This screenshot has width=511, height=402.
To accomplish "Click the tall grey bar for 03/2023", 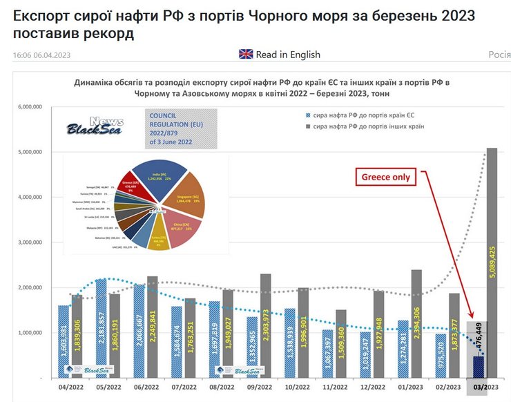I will pyautogui.click(x=492, y=262).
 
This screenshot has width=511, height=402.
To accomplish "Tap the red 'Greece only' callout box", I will pyautogui.click(x=386, y=178).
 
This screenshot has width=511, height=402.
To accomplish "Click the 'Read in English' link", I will pyautogui.click(x=288, y=55).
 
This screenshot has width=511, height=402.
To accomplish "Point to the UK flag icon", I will pyautogui.click(x=246, y=55).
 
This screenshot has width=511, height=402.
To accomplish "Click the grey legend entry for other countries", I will pyautogui.click(x=366, y=127).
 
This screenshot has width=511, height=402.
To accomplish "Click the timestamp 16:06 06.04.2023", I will pyautogui.click(x=41, y=55).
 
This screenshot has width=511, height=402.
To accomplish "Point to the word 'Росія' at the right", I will pyautogui.click(x=499, y=55).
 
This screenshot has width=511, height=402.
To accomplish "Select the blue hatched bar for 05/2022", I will pyautogui.click(x=102, y=328).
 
